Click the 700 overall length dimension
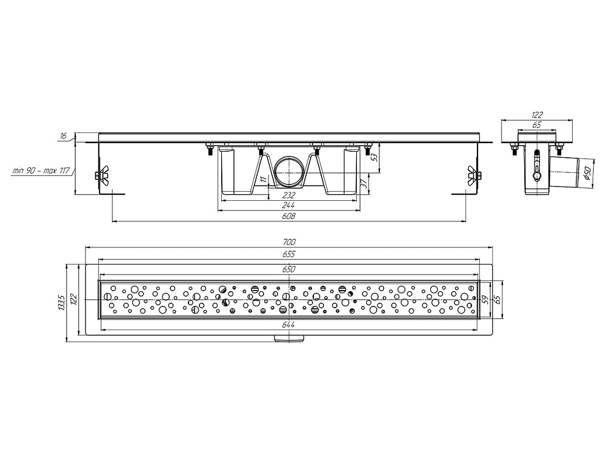[289, 242]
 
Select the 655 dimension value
[289, 254]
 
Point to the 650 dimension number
[289, 269]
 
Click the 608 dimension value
[289, 217]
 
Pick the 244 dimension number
[289, 206]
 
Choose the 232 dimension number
[289, 195]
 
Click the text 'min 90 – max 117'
[41, 170]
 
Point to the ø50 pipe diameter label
[586, 172]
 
